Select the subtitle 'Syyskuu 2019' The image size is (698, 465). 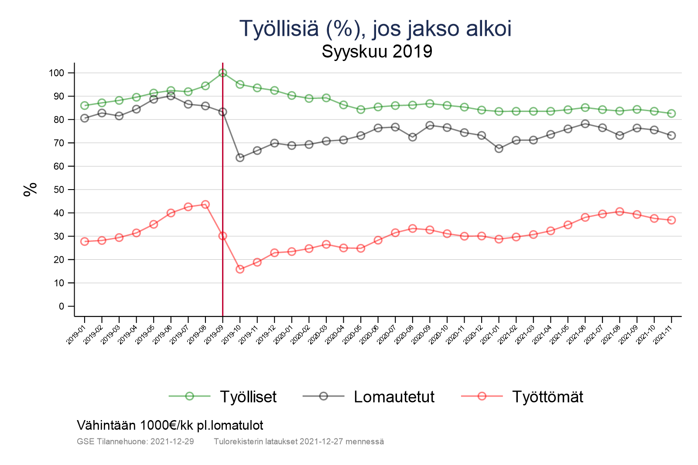377,51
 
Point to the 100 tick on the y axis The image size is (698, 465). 56,73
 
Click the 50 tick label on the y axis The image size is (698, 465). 59,190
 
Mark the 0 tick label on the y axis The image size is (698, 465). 61,306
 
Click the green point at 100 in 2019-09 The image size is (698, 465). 222,73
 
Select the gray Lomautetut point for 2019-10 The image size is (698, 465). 240,158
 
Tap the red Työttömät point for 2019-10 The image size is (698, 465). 240,269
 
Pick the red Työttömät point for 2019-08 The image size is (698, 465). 205,204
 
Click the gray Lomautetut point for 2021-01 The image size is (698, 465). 499,149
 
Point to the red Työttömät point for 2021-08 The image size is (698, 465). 619,212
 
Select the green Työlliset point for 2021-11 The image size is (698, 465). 671,113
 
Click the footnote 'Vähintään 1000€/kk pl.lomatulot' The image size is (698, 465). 170,425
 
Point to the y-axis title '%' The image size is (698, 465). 30,190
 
